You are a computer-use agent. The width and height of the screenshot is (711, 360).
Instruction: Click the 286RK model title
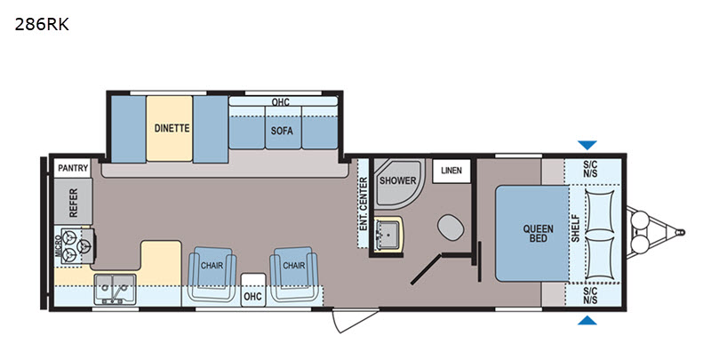click(x=42, y=25)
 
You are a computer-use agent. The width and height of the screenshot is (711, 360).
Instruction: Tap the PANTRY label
click(x=73, y=168)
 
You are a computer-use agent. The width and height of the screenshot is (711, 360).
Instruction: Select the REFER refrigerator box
click(x=73, y=201)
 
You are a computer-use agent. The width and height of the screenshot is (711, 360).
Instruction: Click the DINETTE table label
click(x=172, y=128)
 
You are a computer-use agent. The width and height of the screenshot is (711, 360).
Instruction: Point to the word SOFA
click(x=282, y=131)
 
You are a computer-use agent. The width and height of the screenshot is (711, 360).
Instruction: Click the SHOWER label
click(x=397, y=180)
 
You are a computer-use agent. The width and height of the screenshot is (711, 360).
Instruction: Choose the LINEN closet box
click(x=451, y=171)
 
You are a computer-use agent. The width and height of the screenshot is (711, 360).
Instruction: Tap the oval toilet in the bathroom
click(x=451, y=228)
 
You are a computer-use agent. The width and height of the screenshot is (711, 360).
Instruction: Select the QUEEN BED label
click(x=539, y=233)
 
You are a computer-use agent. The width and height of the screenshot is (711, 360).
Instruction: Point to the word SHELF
click(x=576, y=228)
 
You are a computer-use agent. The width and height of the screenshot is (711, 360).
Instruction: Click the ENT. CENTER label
click(x=363, y=204)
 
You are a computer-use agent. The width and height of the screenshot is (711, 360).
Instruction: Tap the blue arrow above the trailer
click(x=587, y=145)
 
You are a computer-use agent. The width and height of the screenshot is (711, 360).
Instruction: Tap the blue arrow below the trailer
click(x=587, y=320)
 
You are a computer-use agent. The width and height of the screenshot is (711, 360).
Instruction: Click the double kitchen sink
click(x=115, y=289)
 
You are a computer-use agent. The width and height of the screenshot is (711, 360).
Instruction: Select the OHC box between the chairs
click(x=252, y=290)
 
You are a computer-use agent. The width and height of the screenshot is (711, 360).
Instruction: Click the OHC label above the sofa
click(x=281, y=102)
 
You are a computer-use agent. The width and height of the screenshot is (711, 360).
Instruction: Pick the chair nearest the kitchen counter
click(x=212, y=274)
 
